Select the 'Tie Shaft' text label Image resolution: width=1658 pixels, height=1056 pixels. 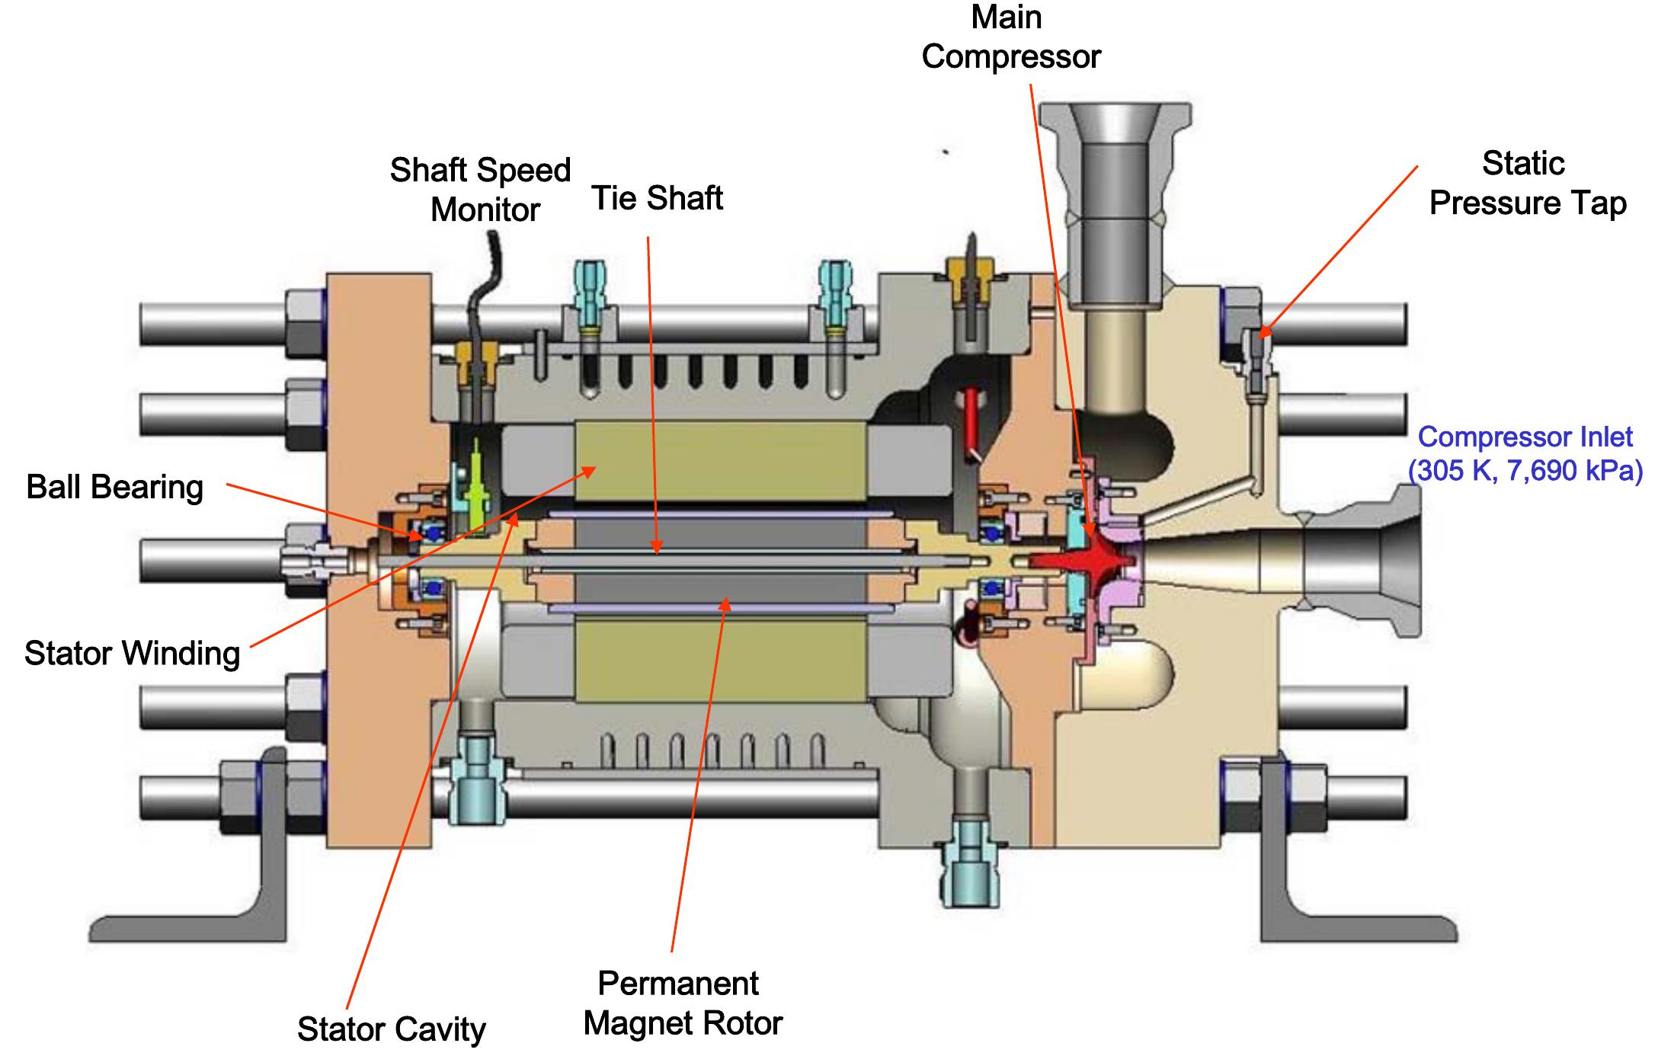pos(657,198)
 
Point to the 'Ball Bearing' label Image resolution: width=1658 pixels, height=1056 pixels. pos(115,487)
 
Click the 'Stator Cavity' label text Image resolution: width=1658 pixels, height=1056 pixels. pos(391,1029)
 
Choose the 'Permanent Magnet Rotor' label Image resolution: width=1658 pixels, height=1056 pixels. pos(681,1003)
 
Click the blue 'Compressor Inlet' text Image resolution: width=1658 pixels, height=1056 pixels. pos(1525,437)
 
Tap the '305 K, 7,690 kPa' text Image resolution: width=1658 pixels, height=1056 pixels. pos(1525,471)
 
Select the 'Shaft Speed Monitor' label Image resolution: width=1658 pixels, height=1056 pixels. pos(481,190)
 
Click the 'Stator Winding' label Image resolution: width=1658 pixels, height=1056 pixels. pos(132,653)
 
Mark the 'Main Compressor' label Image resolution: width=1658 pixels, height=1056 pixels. pos(1010,37)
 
